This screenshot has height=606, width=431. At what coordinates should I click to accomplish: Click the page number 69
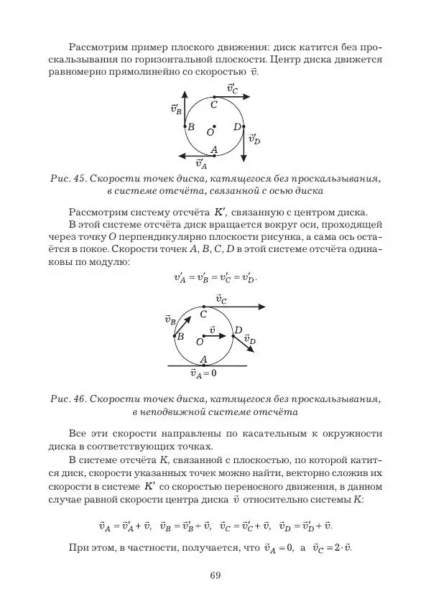(x=215, y=574)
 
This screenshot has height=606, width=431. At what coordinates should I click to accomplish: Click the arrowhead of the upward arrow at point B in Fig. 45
(x=185, y=94)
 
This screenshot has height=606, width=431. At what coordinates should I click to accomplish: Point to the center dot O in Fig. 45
(x=214, y=127)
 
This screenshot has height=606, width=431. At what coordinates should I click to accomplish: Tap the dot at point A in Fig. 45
(x=214, y=155)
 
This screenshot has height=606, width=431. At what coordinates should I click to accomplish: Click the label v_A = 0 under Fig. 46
(x=203, y=373)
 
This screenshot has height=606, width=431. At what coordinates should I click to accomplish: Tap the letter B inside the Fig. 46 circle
(x=181, y=336)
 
